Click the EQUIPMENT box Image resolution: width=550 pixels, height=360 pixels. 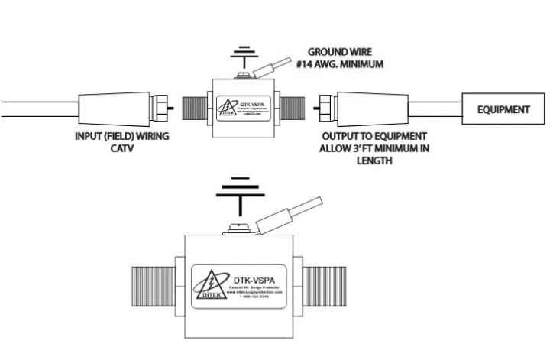click(x=503, y=109)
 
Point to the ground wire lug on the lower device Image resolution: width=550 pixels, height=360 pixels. click(x=275, y=221)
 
